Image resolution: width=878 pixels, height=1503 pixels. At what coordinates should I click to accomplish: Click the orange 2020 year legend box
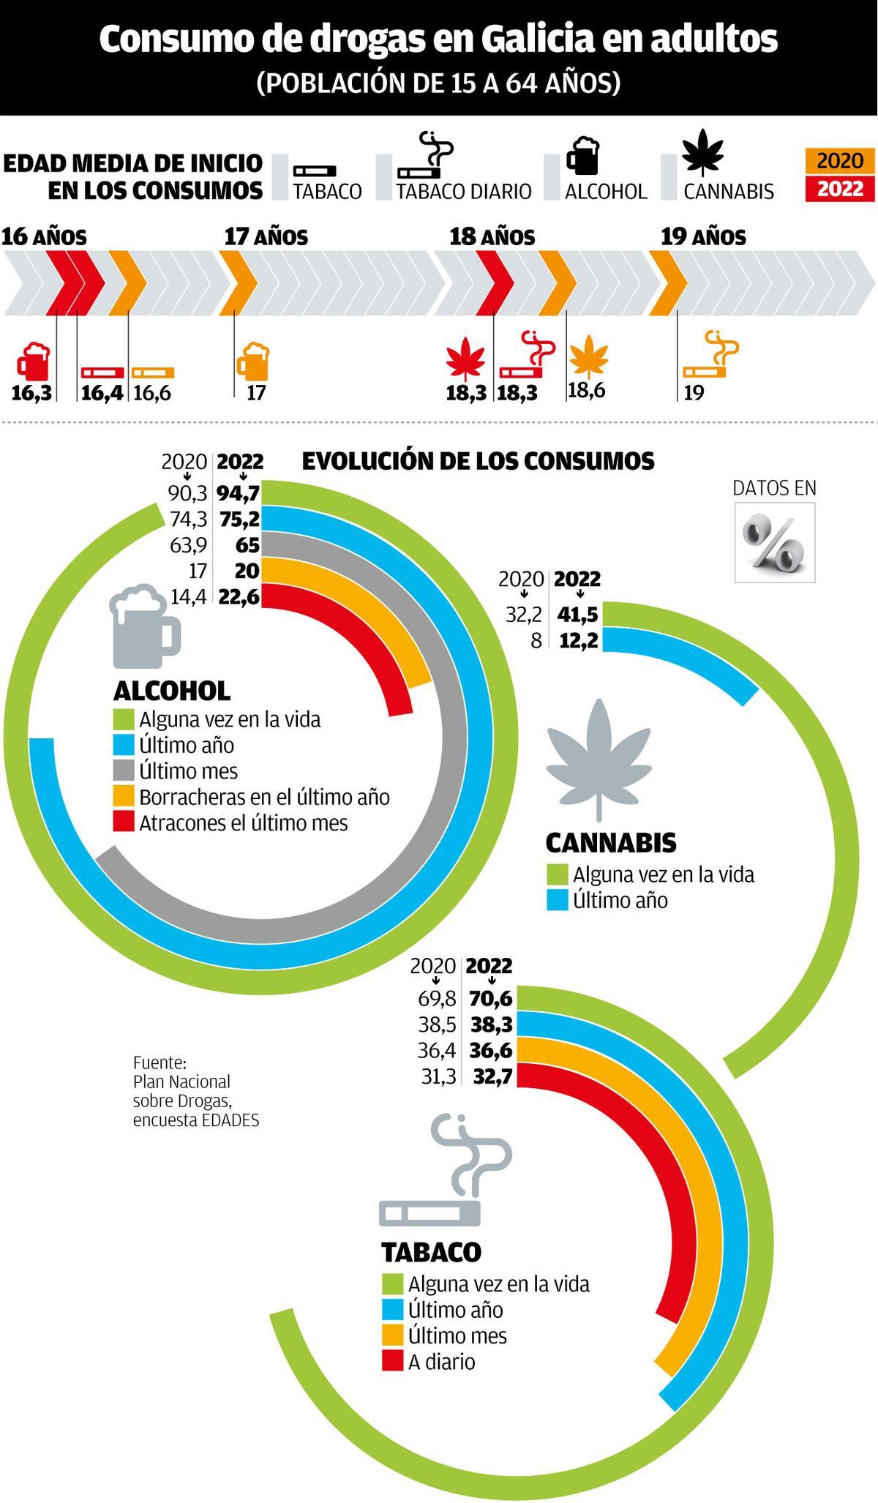(840, 161)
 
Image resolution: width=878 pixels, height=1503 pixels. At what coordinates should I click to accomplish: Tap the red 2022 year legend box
(840, 189)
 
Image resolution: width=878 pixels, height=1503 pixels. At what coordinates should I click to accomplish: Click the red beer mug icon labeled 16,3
(34, 360)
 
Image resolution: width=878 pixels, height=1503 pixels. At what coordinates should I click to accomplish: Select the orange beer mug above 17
(254, 360)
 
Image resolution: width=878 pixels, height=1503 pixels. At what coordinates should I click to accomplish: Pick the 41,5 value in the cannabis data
(578, 615)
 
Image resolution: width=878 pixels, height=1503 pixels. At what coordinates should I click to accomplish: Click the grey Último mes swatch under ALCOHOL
(124, 771)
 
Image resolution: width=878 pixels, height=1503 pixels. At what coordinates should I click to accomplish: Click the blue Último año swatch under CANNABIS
(558, 900)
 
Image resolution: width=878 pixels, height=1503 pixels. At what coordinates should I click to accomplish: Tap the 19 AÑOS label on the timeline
(703, 237)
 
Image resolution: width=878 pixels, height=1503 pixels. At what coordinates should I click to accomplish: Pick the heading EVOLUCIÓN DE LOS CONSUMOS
(478, 461)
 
